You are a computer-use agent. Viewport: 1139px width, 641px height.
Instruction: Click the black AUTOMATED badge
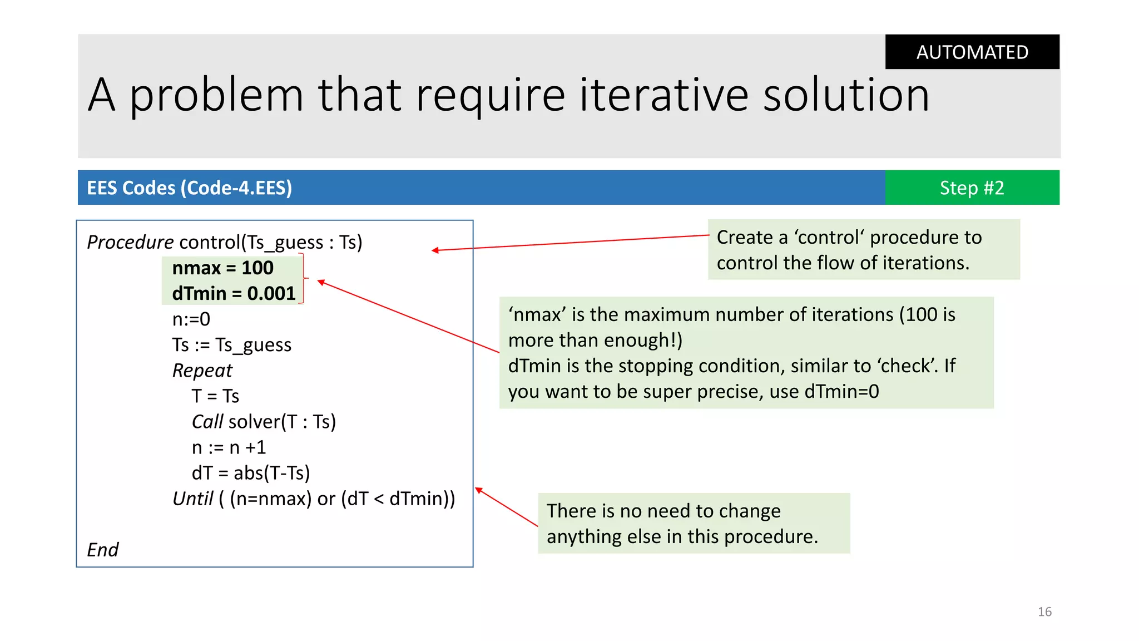tap(972, 52)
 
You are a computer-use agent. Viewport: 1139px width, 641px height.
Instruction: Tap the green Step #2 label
tap(972, 188)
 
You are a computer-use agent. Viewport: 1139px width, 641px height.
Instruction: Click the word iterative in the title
tap(664, 96)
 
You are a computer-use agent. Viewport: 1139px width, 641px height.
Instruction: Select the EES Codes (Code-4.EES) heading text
tap(189, 188)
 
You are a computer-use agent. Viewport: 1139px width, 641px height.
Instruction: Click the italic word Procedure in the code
tap(130, 242)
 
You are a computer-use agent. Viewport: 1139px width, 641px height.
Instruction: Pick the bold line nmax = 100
tap(222, 268)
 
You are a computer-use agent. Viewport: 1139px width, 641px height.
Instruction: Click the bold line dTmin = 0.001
tap(234, 294)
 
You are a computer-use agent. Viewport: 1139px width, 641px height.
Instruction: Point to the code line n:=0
tap(191, 319)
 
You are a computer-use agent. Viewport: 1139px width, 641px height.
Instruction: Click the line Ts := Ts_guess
tap(231, 345)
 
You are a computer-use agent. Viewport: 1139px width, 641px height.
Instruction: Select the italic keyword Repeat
tap(202, 371)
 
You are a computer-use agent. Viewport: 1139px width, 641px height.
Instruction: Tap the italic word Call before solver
tap(207, 422)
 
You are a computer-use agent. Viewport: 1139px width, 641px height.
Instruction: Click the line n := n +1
tap(229, 447)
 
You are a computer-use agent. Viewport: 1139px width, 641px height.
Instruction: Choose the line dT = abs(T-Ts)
tap(250, 473)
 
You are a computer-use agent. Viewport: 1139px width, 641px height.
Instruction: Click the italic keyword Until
tap(192, 499)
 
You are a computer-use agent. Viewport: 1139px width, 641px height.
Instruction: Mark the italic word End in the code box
tap(102, 550)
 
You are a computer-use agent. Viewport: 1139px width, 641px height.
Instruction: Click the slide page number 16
tap(1044, 612)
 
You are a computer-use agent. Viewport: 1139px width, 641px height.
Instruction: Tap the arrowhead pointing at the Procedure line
tap(435, 250)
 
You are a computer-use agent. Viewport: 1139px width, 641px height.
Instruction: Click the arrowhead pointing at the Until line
tap(478, 490)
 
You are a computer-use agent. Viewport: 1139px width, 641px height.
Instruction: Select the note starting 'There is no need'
tap(693, 523)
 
